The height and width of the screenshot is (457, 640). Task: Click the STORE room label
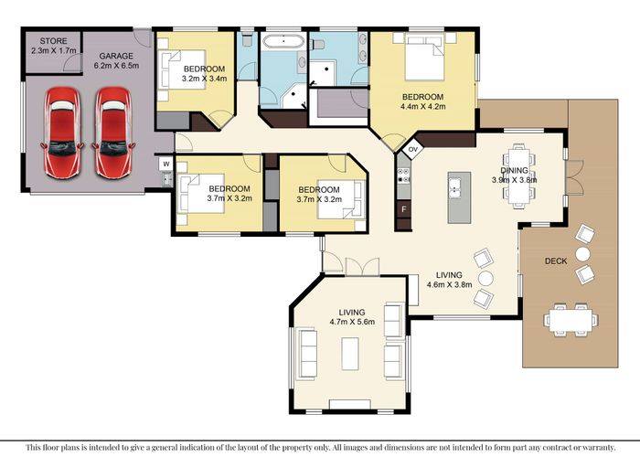tap(53, 41)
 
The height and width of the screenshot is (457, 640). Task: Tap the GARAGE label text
tap(116, 56)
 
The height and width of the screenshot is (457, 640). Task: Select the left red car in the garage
tap(62, 133)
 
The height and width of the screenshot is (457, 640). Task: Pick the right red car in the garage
tap(113, 133)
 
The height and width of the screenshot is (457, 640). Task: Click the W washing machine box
tap(166, 164)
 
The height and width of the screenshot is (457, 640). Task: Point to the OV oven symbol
tap(413, 149)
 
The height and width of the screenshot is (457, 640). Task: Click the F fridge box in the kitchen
tap(404, 209)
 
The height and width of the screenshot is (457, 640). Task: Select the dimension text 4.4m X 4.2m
tap(423, 107)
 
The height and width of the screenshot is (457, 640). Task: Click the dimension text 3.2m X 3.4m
tap(204, 79)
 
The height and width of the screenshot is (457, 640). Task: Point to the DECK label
tap(556, 261)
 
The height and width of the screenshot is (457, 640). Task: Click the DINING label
tap(514, 170)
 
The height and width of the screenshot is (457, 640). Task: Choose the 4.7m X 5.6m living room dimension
tap(352, 322)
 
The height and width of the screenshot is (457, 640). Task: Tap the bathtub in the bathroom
tap(283, 41)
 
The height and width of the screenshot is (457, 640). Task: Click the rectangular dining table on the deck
tap(571, 320)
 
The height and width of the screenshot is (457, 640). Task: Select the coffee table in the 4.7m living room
tap(350, 354)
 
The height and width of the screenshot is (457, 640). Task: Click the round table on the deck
tap(583, 254)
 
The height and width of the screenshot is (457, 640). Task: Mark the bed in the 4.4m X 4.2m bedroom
tap(424, 57)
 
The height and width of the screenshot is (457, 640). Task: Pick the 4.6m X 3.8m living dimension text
tap(450, 284)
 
